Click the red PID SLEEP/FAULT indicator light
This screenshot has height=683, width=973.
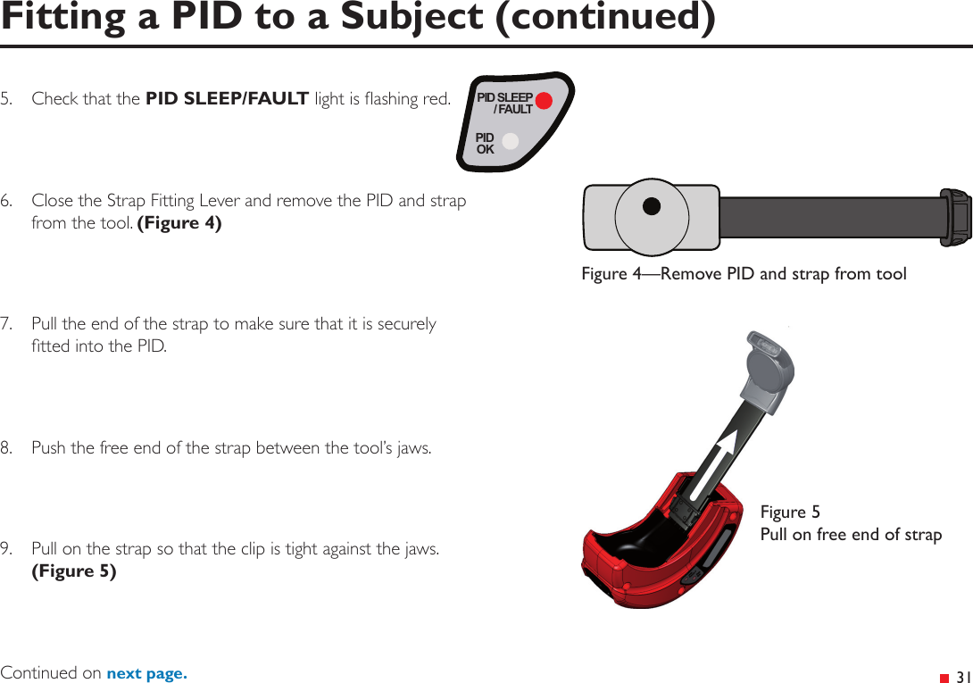click(x=544, y=100)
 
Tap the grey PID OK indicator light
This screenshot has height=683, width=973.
click(x=510, y=142)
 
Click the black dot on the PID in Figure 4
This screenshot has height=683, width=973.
click(x=652, y=206)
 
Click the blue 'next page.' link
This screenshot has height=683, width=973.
click(x=146, y=673)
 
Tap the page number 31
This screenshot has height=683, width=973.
click(x=962, y=676)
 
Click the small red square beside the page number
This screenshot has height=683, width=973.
click(x=944, y=677)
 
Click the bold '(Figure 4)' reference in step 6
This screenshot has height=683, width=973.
click(x=179, y=223)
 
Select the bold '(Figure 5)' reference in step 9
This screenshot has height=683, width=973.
click(x=73, y=571)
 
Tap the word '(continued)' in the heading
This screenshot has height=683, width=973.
click(x=605, y=18)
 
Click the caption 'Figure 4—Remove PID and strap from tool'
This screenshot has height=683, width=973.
click(x=744, y=274)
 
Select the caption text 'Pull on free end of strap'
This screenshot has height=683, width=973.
click(x=851, y=535)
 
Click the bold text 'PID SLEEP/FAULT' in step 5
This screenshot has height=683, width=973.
click(x=228, y=98)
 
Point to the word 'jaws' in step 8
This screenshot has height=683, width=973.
click(x=412, y=447)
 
